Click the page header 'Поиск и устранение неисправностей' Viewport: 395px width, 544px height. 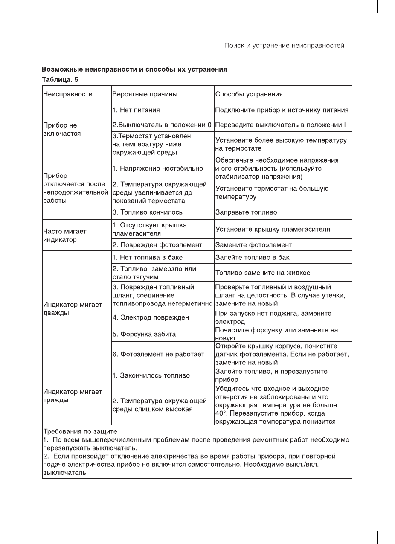[284, 45]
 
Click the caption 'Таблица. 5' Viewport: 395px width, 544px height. [60, 79]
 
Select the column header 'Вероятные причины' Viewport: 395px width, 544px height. [145, 94]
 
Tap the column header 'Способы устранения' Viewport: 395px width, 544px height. [249, 94]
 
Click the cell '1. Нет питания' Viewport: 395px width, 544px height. [136, 110]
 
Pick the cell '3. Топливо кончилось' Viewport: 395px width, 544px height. [148, 212]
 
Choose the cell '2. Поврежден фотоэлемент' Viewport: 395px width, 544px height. [157, 245]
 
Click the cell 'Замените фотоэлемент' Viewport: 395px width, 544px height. [253, 245]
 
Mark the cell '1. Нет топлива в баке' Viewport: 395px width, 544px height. [147, 257]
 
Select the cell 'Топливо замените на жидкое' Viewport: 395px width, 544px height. [263, 273]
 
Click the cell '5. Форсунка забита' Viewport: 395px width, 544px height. [144, 334]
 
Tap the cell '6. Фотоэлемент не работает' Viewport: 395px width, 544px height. [158, 354]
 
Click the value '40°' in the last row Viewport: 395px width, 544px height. [221, 413]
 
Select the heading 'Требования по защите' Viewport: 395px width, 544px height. [80, 431]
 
